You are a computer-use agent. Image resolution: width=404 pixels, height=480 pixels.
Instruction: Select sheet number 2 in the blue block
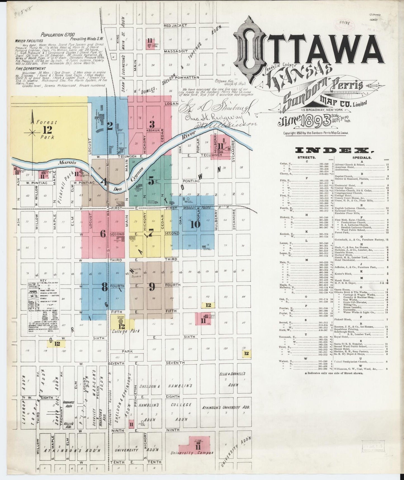click(x=110, y=127)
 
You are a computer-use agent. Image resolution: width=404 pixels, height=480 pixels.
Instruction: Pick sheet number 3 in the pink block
click(x=152, y=124)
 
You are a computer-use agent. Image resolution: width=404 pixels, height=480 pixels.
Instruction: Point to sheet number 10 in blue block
click(x=195, y=224)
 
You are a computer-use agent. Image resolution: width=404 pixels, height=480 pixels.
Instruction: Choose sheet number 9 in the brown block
click(x=152, y=286)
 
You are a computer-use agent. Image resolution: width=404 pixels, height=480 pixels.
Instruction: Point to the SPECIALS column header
click(x=362, y=158)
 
